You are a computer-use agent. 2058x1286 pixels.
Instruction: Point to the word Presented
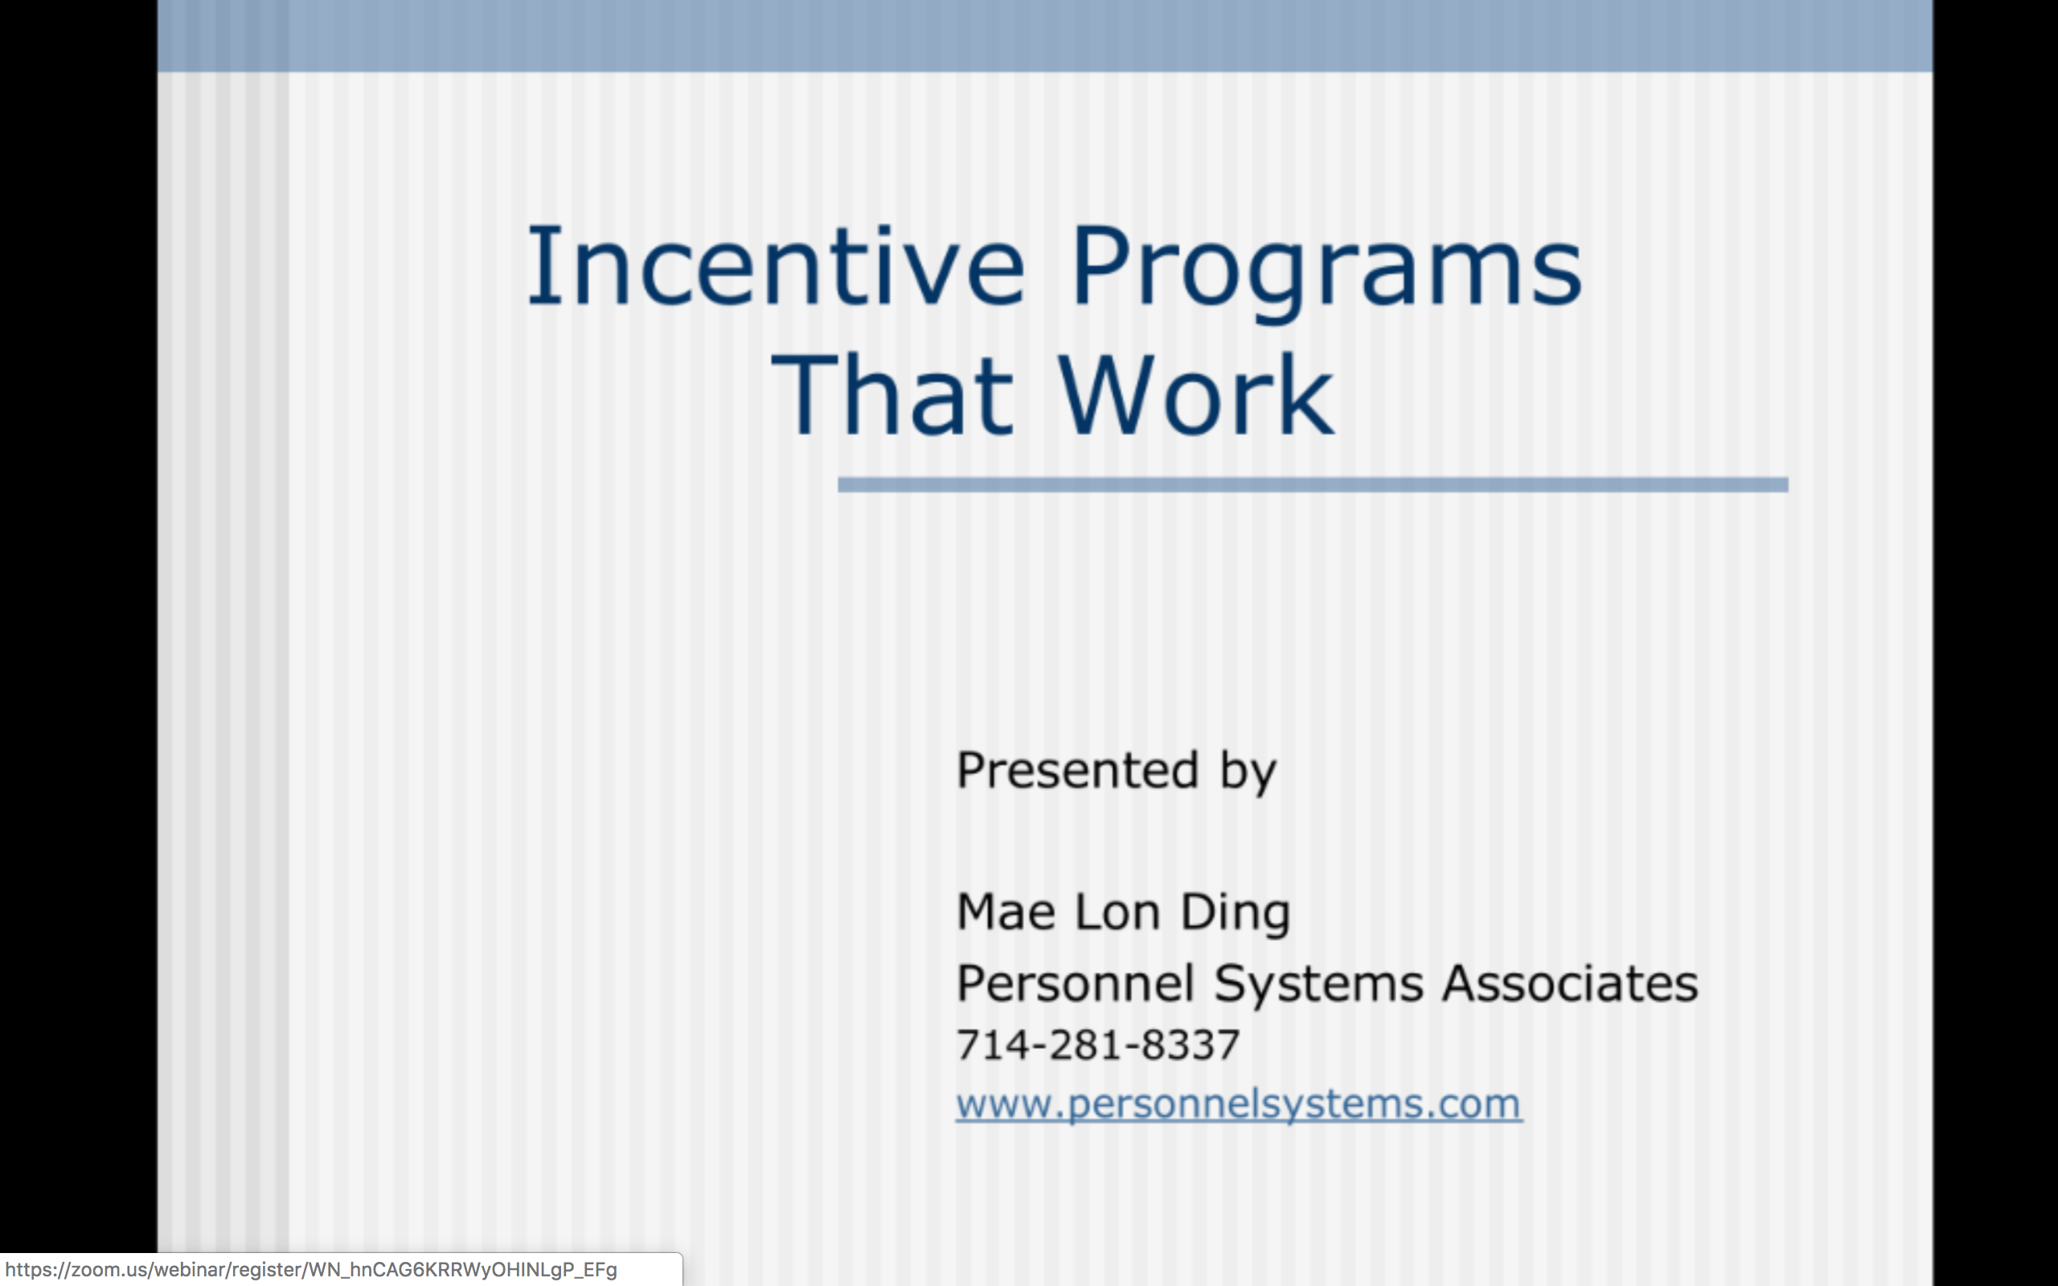coord(1077,770)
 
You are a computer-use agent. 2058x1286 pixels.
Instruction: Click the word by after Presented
coord(1248,772)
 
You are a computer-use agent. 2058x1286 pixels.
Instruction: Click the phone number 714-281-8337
coord(1098,1044)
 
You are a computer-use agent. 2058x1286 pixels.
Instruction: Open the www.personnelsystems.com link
coord(1239,1104)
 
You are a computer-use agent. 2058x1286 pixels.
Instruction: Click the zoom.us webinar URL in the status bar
coord(311,1270)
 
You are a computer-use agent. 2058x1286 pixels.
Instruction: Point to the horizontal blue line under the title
coord(1313,485)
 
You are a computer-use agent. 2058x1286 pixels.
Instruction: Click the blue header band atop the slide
coord(1045,35)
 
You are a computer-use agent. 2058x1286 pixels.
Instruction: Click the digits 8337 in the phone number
coord(1191,1044)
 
